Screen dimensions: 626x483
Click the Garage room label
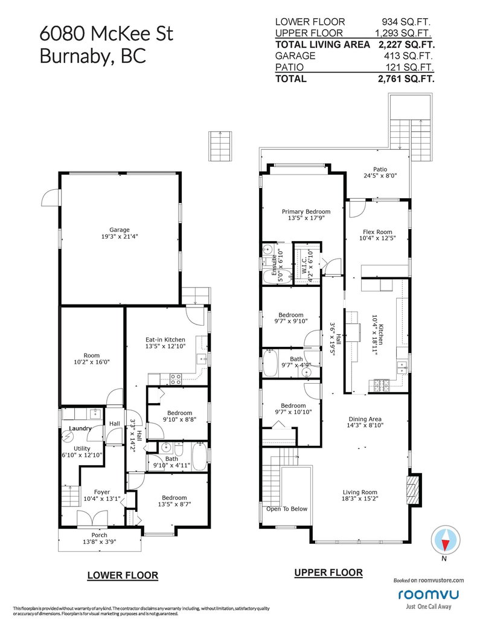pos(120,230)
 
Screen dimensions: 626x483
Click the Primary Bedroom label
pos(306,212)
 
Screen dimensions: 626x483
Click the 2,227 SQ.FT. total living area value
pos(406,45)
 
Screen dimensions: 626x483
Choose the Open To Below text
pos(287,509)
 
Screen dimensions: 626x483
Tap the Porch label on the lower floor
pos(99,535)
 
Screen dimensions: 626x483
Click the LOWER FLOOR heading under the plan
pos(123,576)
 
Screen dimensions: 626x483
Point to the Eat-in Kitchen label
pos(165,340)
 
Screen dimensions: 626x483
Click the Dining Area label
pos(365,419)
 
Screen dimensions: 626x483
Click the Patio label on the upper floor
pos(380,169)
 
